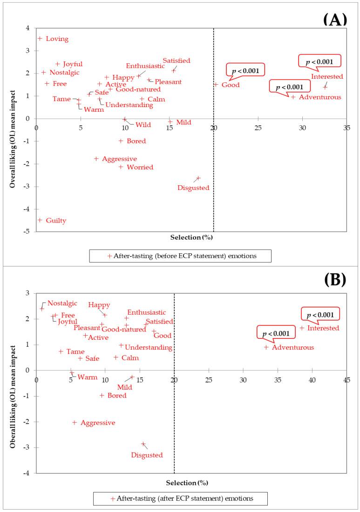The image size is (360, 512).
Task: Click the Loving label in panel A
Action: point(57,39)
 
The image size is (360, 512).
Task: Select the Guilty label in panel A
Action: point(56,221)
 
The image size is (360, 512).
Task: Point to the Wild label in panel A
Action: point(143,125)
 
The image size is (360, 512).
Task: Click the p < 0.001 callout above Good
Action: point(245,71)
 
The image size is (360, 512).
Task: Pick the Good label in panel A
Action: point(231,85)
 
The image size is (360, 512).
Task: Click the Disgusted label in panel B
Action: point(147,455)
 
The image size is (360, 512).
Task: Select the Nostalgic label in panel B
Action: point(62,303)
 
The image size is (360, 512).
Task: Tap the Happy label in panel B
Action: point(99,305)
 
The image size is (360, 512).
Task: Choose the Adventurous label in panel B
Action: point(293,347)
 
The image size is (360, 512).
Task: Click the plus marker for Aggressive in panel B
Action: point(75,423)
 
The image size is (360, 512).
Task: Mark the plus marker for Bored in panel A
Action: point(121,141)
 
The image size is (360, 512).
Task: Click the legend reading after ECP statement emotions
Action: point(180,499)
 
